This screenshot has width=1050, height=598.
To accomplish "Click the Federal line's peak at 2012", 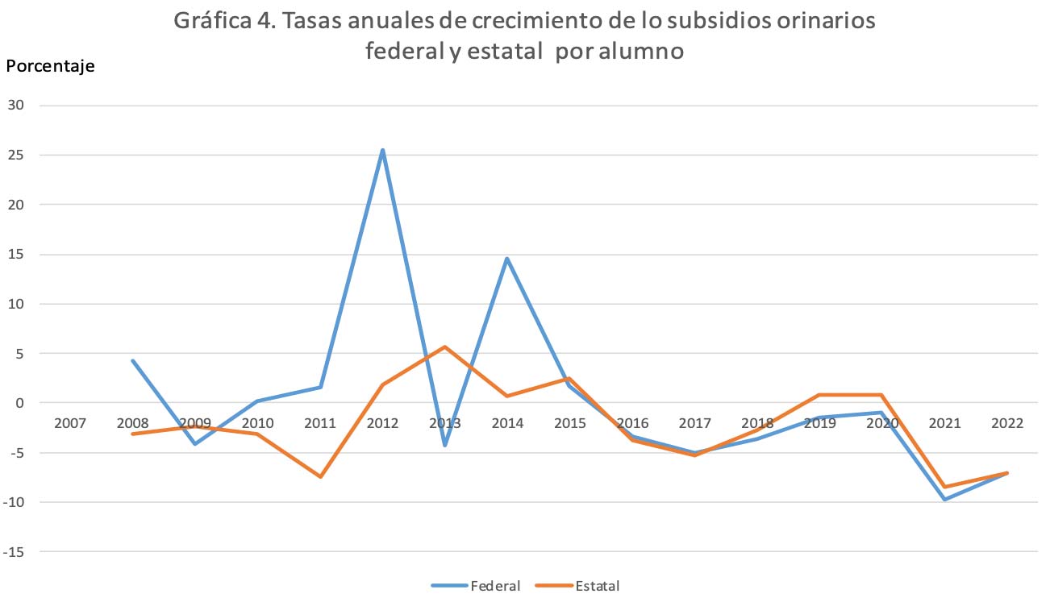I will (x=382, y=150).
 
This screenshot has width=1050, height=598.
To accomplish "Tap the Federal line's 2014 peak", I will (x=507, y=259).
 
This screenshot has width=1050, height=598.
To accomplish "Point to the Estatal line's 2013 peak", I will (x=444, y=347).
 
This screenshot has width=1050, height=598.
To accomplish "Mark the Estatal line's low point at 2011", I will (x=320, y=476).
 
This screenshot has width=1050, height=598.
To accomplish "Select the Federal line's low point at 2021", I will (x=944, y=500).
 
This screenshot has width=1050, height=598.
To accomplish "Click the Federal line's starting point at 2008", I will (x=133, y=360).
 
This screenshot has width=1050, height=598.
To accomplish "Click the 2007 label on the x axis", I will (x=70, y=423).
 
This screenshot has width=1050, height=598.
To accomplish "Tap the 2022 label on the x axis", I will (x=1007, y=423).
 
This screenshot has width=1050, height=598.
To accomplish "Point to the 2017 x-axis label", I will (x=694, y=423).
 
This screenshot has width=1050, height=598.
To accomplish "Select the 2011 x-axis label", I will (x=320, y=423).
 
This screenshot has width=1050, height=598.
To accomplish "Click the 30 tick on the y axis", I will (x=17, y=105).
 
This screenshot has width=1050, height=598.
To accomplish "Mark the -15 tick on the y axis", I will (x=14, y=552).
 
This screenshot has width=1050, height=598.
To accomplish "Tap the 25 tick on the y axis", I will (x=17, y=155).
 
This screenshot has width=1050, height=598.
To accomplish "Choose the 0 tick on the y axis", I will (x=22, y=403).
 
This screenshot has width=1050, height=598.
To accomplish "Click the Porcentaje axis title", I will (x=50, y=66).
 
